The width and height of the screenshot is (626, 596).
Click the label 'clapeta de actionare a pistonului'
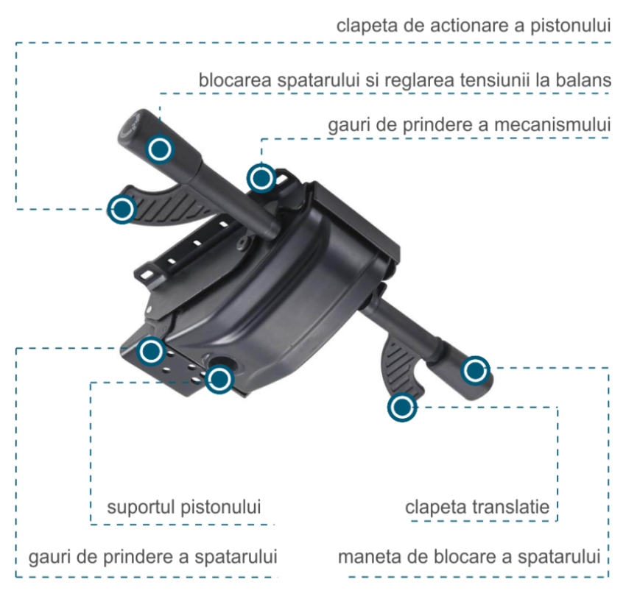474,26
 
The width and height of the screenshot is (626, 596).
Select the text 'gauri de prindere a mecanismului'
469,126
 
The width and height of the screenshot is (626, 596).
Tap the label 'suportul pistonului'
184,508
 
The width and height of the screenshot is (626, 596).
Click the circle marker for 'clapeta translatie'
401,407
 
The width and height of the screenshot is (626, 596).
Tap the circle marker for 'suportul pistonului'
219,379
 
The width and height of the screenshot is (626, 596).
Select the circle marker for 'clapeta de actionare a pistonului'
122,210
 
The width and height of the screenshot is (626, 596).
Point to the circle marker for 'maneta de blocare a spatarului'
475,370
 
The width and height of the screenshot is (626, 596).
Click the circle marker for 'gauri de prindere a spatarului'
152,351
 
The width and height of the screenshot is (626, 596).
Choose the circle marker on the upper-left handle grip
159,149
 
